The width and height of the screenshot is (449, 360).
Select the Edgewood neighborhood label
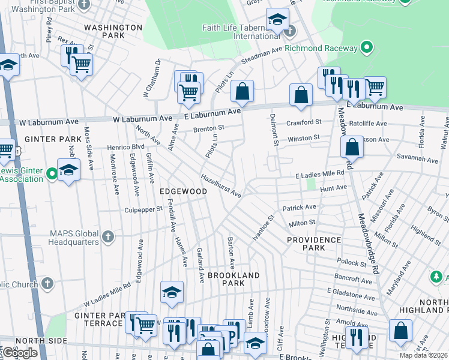click(183, 191)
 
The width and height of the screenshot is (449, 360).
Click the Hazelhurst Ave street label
click(221, 186)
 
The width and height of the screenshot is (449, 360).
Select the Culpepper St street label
click(143, 209)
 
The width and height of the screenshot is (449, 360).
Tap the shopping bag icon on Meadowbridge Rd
click(352, 146)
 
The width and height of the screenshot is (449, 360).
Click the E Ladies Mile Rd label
click(320, 174)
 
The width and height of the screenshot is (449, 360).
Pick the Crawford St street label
click(304, 122)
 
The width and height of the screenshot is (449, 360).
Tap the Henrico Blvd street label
click(126, 146)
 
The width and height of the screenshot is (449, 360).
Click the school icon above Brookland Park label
click(172, 292)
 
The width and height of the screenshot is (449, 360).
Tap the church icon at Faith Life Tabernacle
click(291, 31)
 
